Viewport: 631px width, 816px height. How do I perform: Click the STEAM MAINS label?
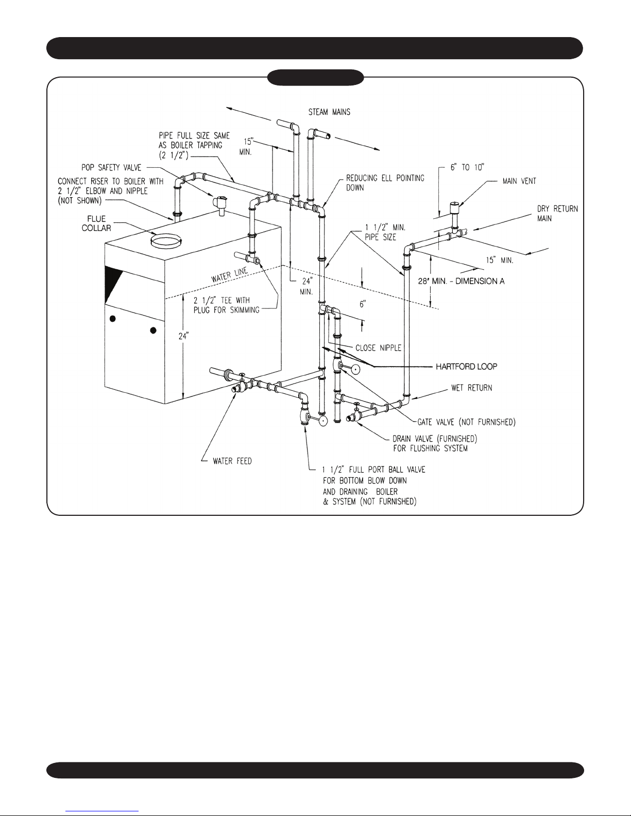329,112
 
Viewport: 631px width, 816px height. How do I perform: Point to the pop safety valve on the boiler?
221,205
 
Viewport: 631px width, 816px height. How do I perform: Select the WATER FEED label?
232,461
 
